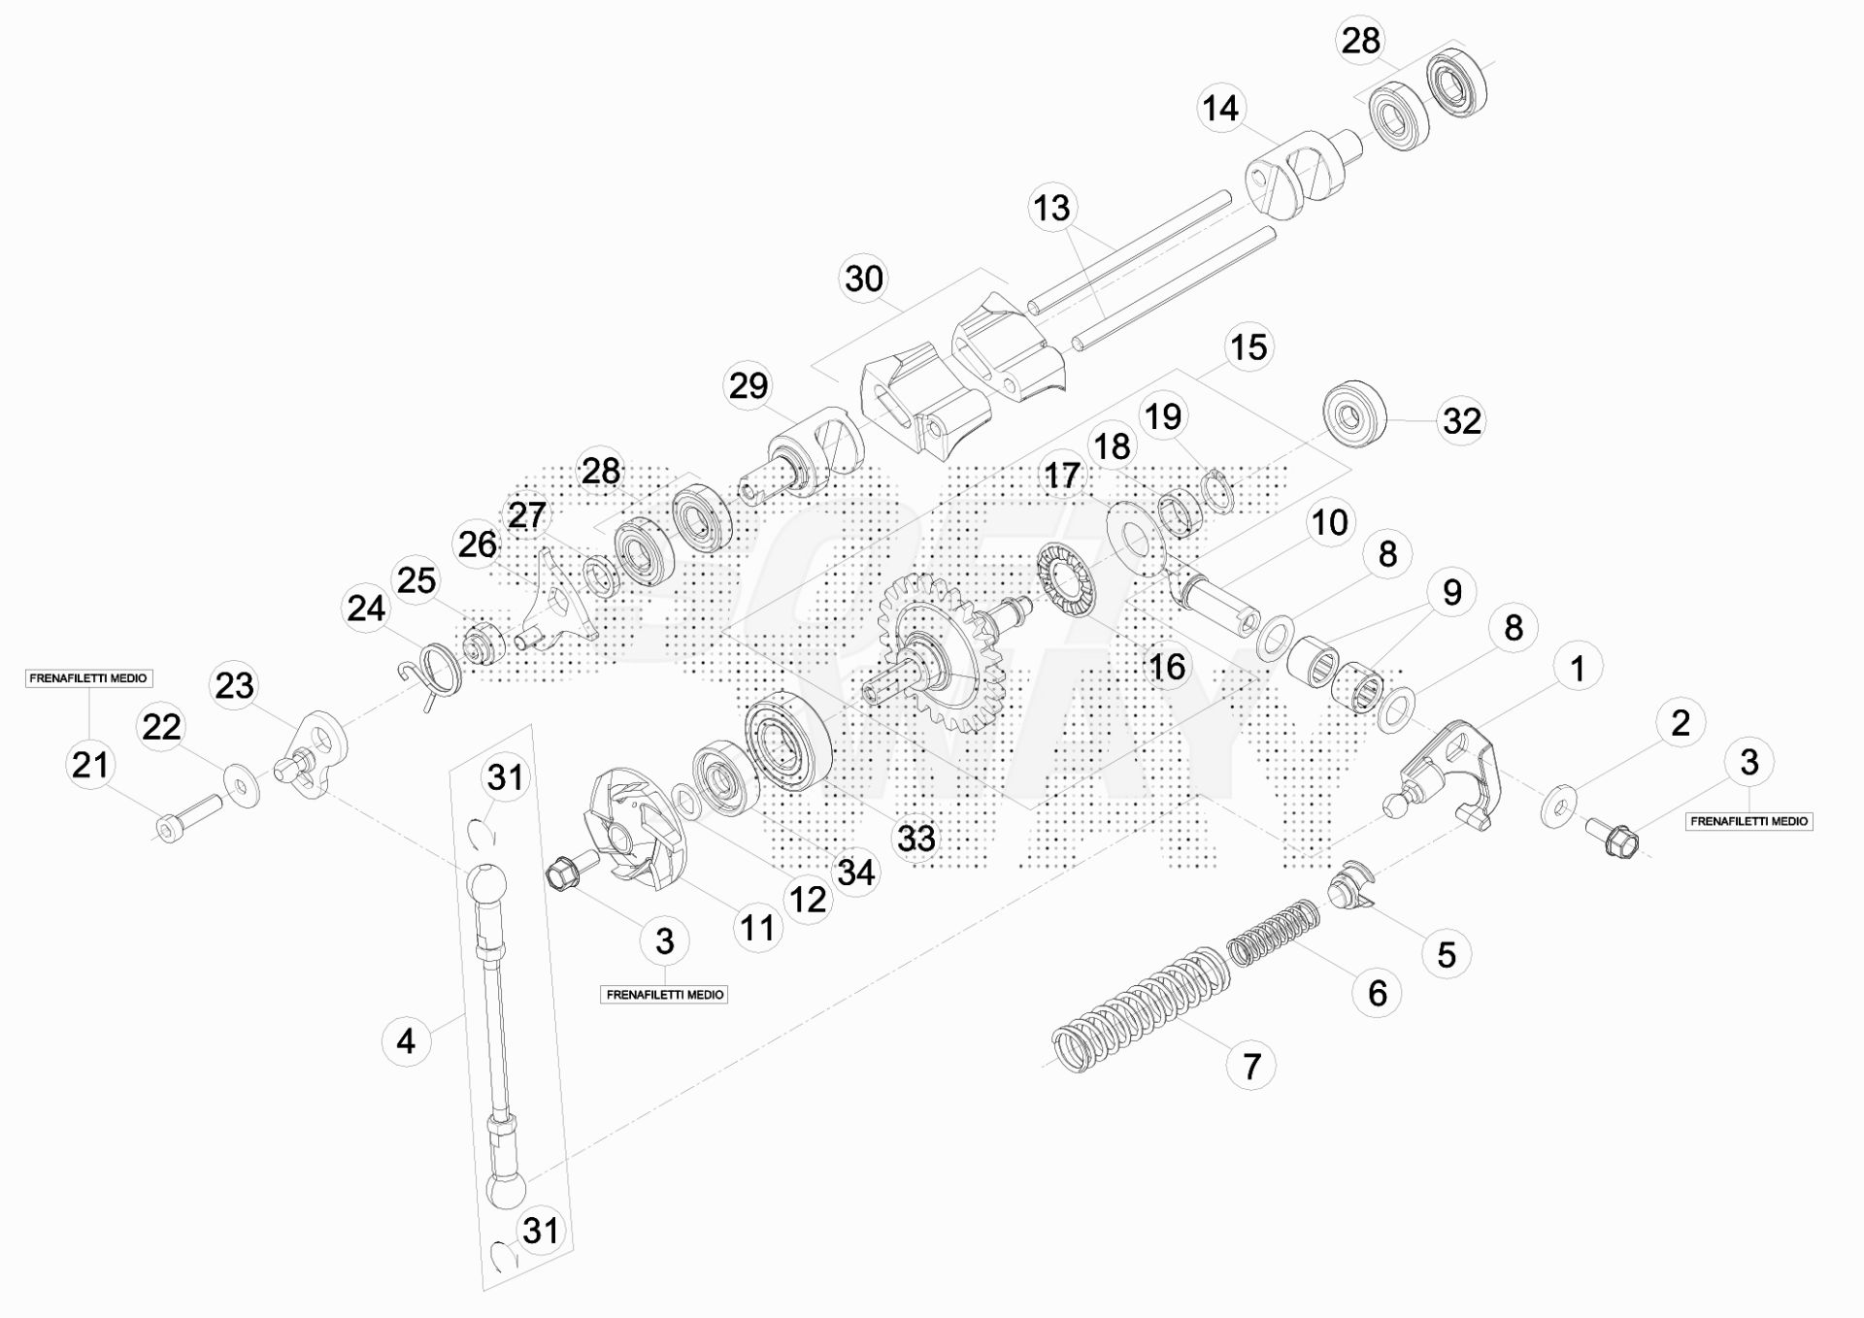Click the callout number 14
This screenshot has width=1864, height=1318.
[x=1220, y=108]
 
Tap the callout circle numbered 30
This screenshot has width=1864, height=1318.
[x=864, y=280]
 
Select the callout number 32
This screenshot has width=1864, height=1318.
[x=1462, y=421]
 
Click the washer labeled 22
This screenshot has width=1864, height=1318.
[x=242, y=784]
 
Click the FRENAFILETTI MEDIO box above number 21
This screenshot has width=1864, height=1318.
[x=88, y=678]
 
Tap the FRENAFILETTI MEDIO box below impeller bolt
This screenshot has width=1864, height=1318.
[x=665, y=995]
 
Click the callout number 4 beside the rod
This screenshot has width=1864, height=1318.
[x=406, y=1041]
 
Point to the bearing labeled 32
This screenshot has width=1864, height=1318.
[x=1354, y=415]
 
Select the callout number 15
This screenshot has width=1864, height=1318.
[x=1248, y=347]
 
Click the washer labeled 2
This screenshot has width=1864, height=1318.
[x=1559, y=807]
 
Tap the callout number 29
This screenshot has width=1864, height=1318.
[x=749, y=386]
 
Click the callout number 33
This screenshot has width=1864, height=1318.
[x=915, y=838]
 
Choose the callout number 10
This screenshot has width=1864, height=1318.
[x=1329, y=522]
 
